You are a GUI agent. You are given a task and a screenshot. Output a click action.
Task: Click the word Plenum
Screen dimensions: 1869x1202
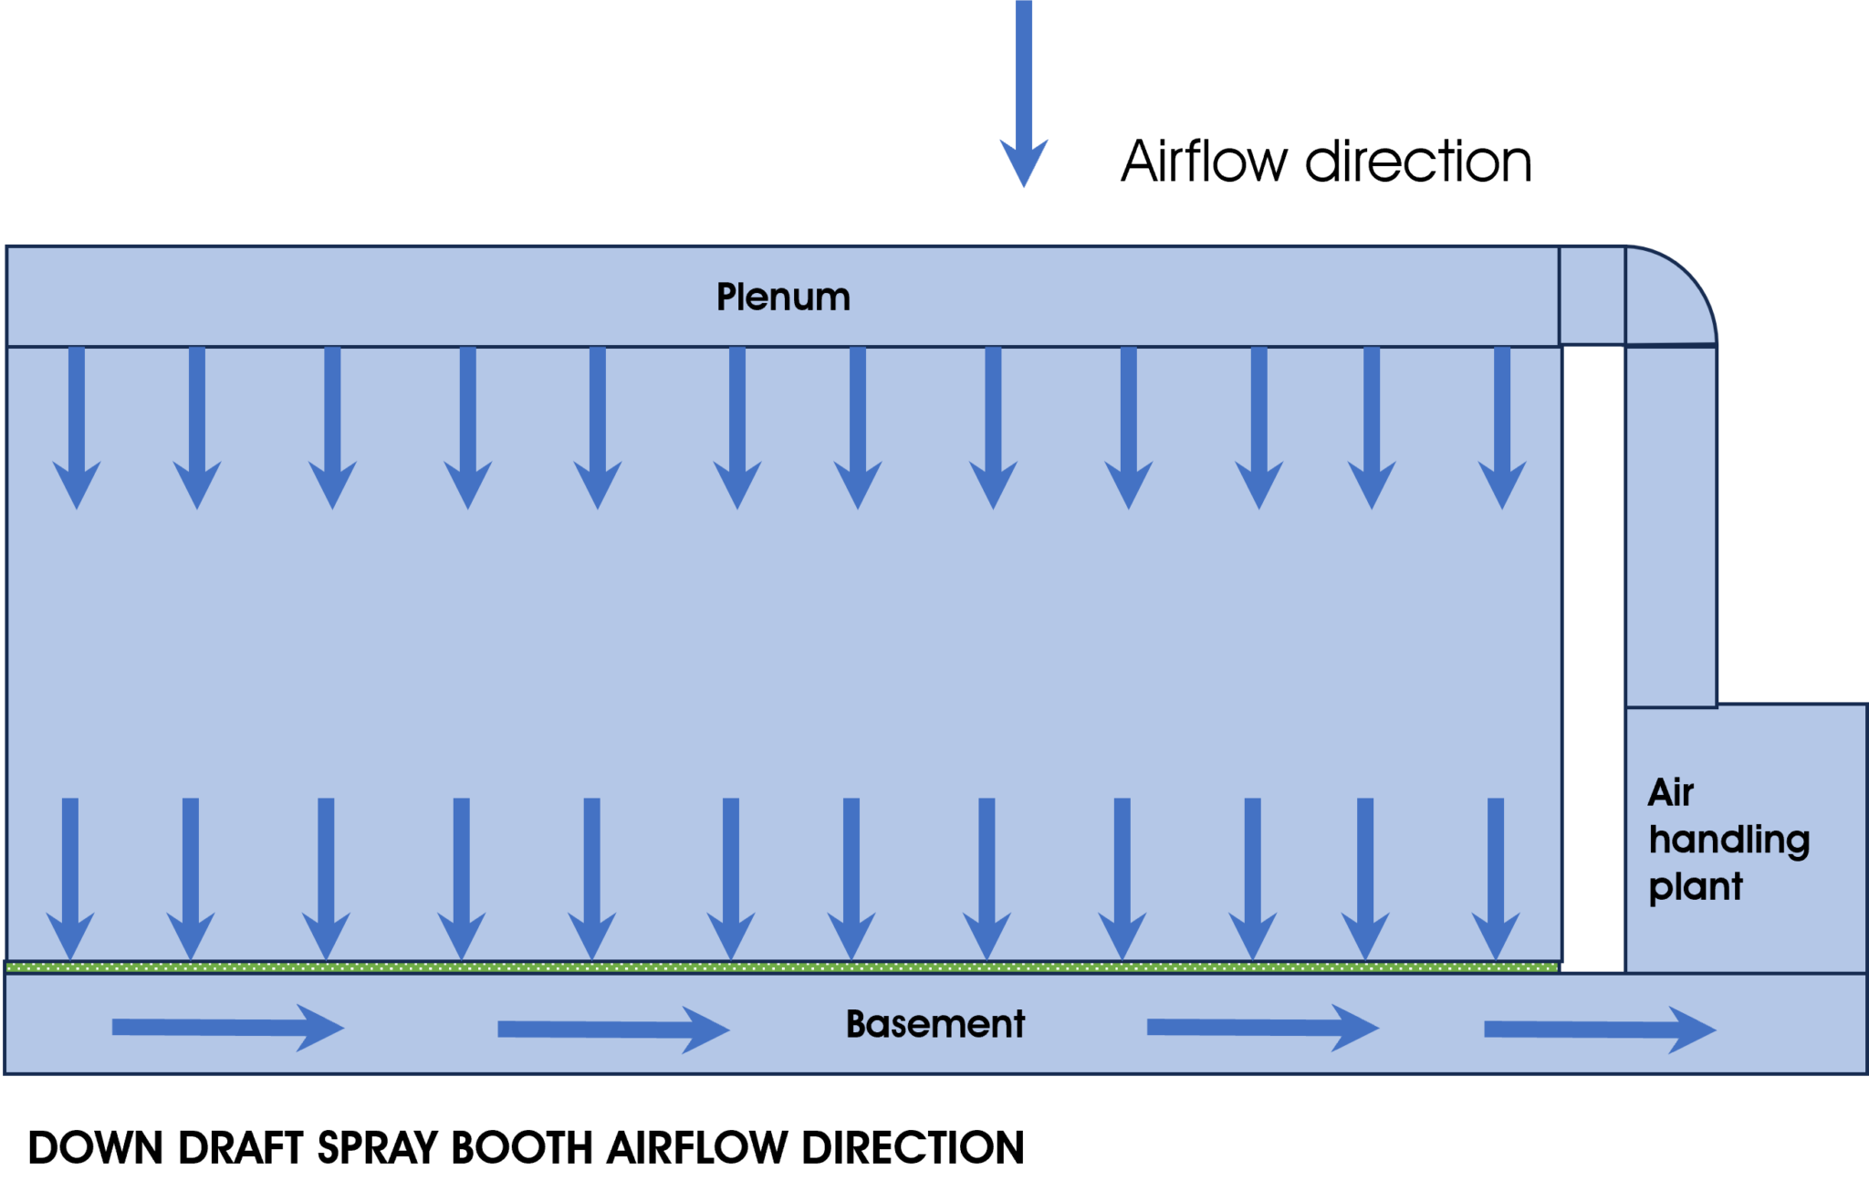click(x=783, y=298)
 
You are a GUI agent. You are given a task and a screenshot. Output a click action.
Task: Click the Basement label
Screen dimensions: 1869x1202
click(x=935, y=1024)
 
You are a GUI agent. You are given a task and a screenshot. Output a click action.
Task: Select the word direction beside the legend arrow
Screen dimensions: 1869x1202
click(x=1418, y=162)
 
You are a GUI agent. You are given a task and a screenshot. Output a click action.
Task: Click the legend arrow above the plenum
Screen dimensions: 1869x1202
click(x=1024, y=93)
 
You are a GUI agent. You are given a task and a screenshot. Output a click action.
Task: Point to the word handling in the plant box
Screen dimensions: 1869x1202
click(x=1729, y=840)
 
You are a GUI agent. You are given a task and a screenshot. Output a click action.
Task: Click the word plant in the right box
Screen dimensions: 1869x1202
click(x=1696, y=887)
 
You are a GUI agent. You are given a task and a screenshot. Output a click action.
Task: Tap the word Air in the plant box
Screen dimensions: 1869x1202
click(x=1671, y=792)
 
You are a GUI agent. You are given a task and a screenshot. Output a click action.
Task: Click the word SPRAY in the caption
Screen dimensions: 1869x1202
click(x=378, y=1148)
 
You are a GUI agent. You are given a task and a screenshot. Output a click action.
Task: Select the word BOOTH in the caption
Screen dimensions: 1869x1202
click(x=522, y=1148)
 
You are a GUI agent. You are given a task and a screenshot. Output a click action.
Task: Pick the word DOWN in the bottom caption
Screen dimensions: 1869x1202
click(x=96, y=1148)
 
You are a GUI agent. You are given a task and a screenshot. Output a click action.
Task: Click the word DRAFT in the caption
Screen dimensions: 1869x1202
click(x=241, y=1148)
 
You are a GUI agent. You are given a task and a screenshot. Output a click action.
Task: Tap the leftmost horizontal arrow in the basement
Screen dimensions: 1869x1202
click(x=228, y=1029)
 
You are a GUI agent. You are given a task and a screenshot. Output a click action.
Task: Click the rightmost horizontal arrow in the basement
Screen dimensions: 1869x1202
click(x=1601, y=1030)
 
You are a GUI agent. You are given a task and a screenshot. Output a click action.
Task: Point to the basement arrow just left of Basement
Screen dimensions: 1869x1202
click(x=614, y=1030)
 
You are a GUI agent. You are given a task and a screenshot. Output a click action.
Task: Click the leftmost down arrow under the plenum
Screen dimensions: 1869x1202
click(x=77, y=427)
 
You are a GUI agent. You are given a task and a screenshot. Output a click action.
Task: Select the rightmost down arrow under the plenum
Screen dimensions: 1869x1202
click(x=1502, y=427)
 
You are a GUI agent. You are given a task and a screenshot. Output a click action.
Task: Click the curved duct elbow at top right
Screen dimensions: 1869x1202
click(x=1670, y=296)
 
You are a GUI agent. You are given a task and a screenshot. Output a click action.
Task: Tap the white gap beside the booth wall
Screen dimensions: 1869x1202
click(x=1593, y=657)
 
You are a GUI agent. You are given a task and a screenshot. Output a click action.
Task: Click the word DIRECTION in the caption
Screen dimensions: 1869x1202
click(x=913, y=1148)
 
